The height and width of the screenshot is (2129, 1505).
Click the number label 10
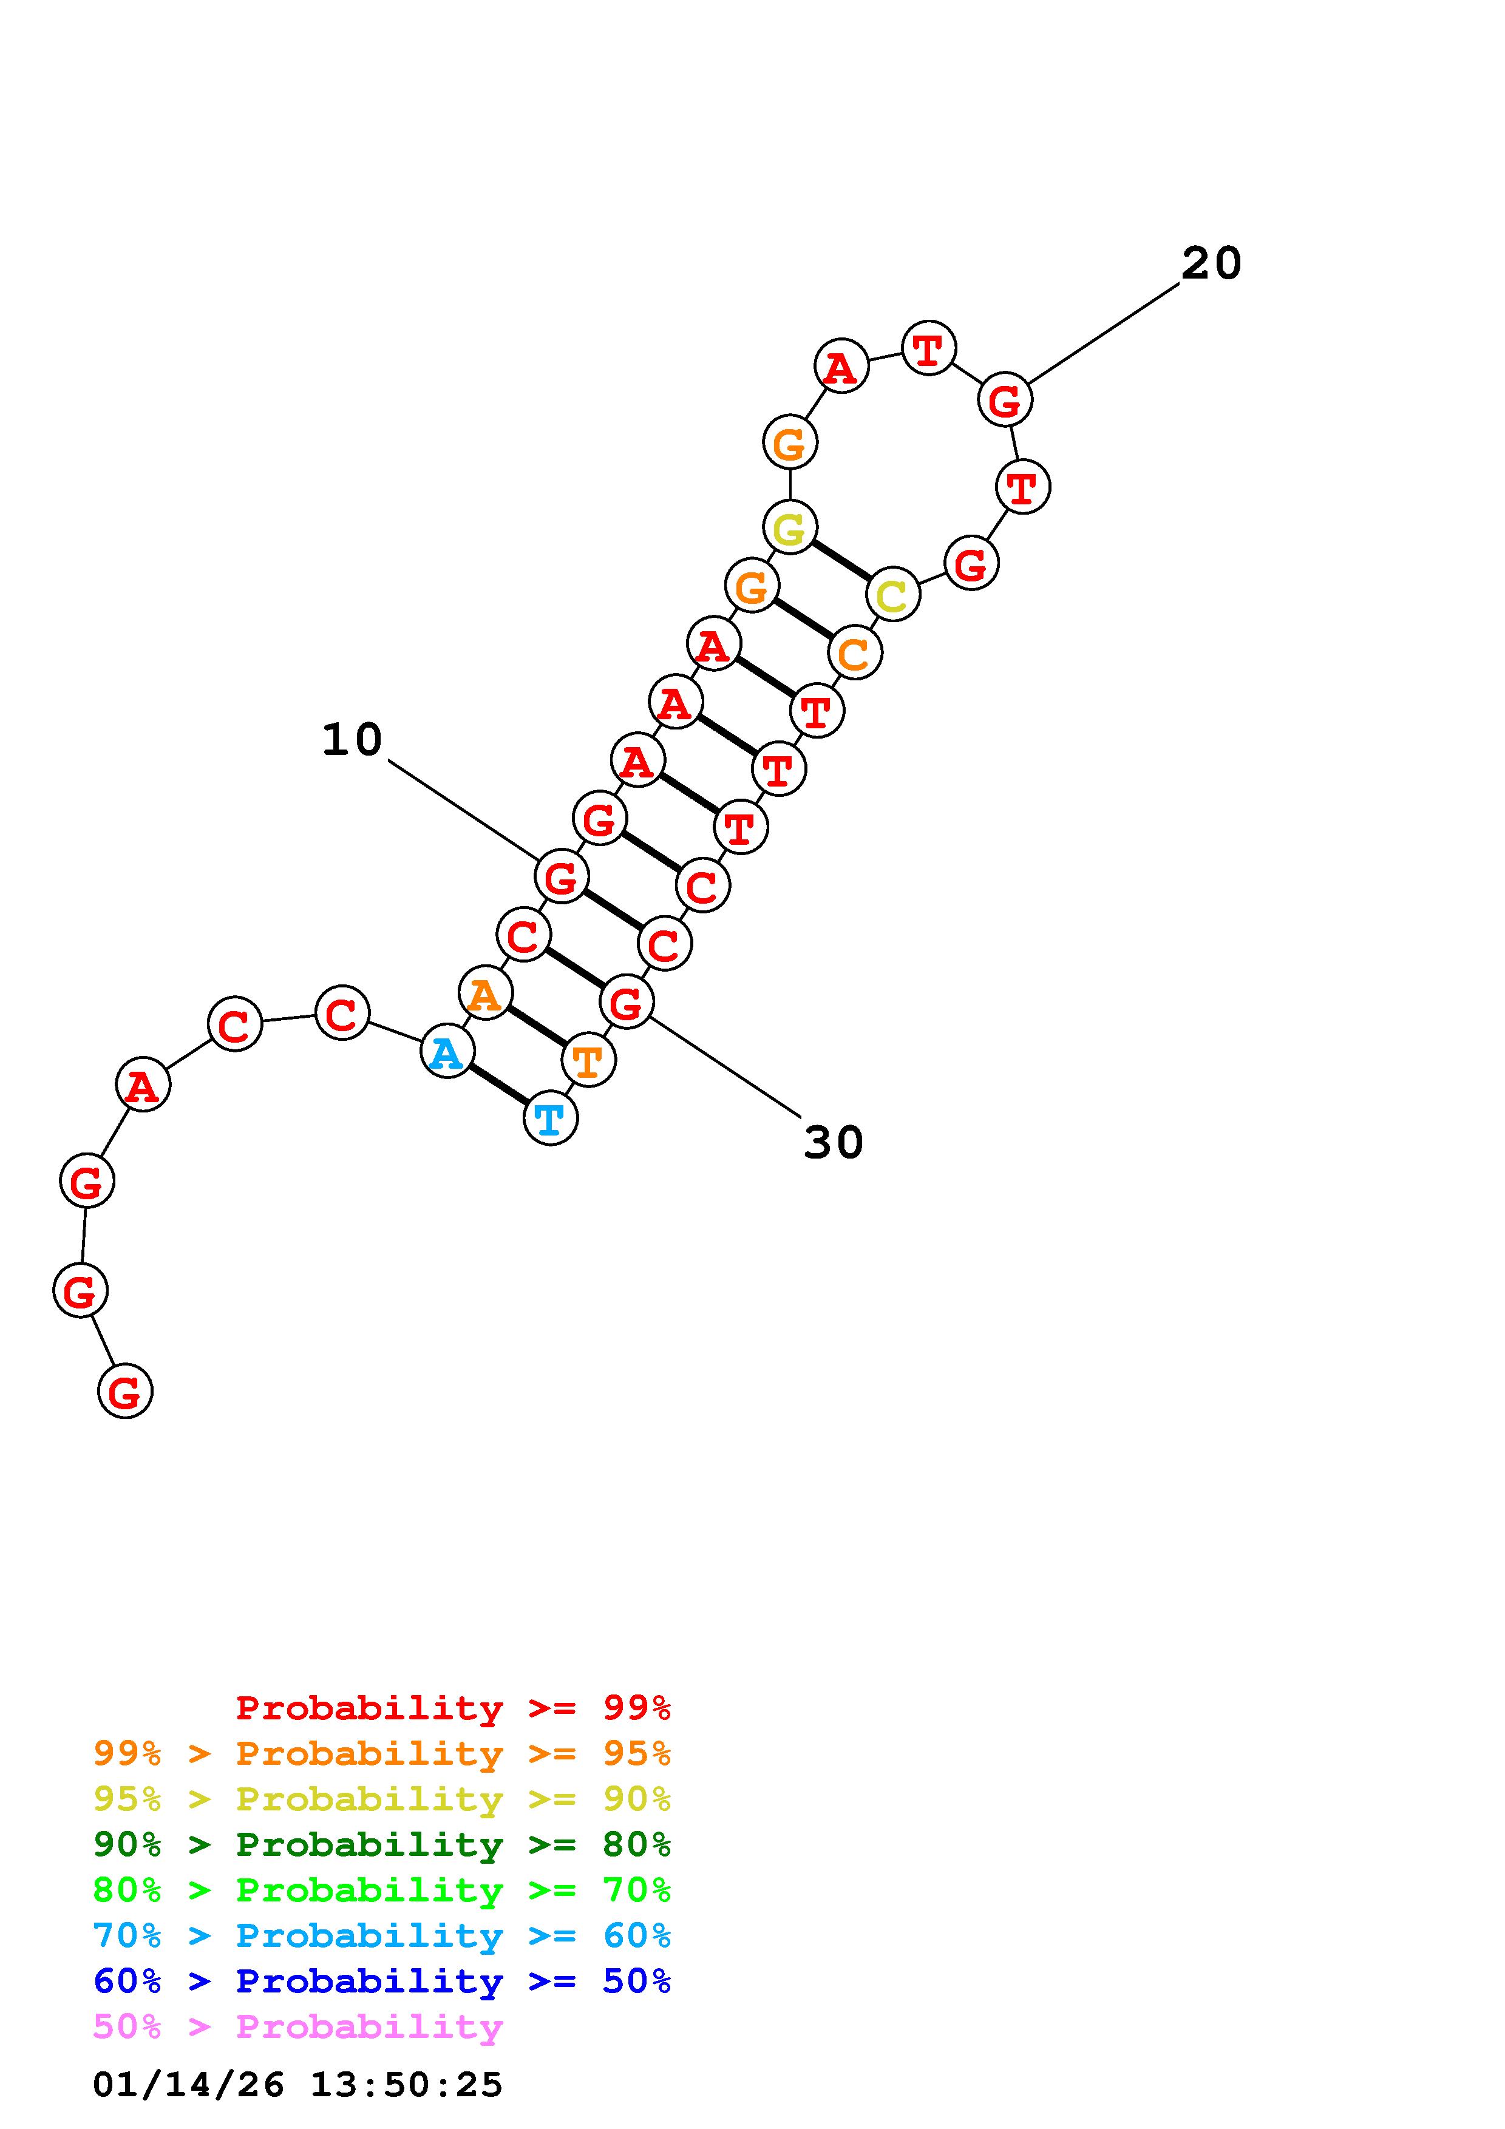pyautogui.click(x=352, y=740)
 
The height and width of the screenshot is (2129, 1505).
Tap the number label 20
pyautogui.click(x=1211, y=263)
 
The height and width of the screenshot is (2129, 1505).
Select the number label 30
pyautogui.click(x=834, y=1142)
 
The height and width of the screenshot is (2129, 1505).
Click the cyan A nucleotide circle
pyautogui.click(x=447, y=1052)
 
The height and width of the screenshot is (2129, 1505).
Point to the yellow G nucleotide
pyautogui.click(x=790, y=527)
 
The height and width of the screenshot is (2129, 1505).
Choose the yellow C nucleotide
pyautogui.click(x=893, y=594)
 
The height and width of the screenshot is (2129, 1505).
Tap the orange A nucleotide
pyautogui.click(x=485, y=993)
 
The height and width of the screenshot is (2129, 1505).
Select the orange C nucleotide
pyautogui.click(x=855, y=653)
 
